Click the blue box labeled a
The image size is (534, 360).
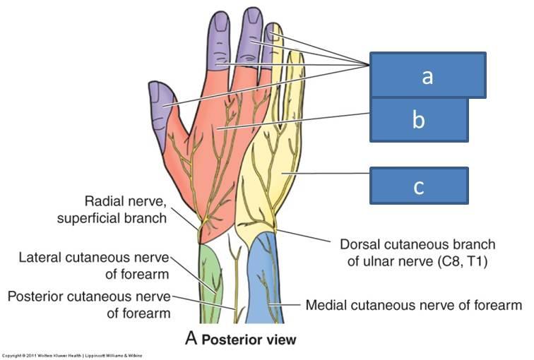coord(427,76)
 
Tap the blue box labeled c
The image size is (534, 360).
coord(419,186)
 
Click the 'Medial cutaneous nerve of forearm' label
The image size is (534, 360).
coord(413,306)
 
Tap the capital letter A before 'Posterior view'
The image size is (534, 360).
coord(191,339)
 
